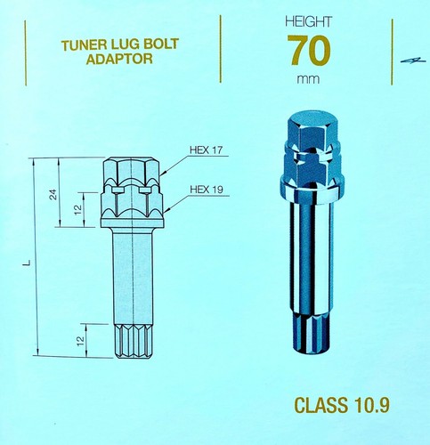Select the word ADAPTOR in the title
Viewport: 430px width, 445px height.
119,59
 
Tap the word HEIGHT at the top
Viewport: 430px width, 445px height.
308,22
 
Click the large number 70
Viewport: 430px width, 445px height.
309,51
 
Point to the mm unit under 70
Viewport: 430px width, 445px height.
308,79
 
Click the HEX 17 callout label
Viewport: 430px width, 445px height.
206,150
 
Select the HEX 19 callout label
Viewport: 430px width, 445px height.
207,190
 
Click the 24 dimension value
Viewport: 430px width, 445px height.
54,194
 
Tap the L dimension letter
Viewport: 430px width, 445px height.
28,263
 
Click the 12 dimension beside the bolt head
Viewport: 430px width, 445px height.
77,210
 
